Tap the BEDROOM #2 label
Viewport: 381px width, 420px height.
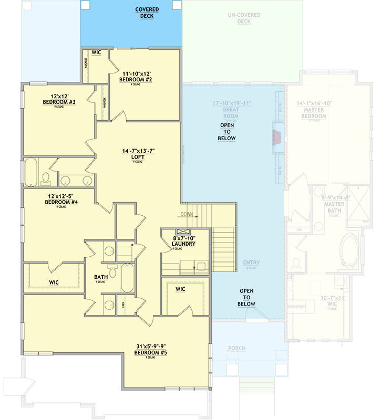137,80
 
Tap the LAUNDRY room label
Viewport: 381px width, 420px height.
183,244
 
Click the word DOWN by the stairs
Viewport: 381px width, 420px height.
187,214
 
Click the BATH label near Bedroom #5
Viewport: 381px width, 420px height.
101,277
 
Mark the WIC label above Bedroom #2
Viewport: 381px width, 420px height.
96,53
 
